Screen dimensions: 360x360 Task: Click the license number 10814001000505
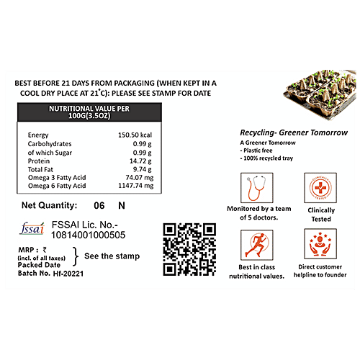coord(89,235)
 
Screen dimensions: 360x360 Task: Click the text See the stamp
coord(112,256)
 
